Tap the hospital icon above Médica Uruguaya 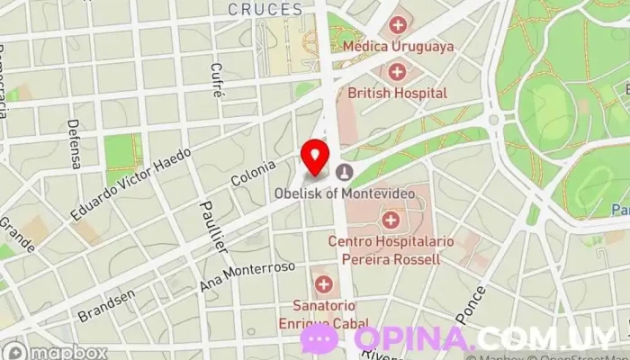[397, 23]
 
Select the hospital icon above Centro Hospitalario [390, 219]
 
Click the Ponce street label [476, 303]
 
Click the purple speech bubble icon [319, 339]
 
